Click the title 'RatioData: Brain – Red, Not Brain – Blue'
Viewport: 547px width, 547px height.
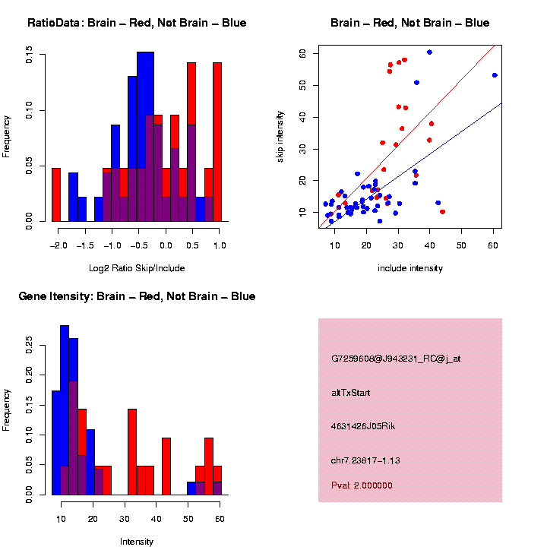pos(137,24)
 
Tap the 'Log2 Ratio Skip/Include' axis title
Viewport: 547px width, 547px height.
pos(138,268)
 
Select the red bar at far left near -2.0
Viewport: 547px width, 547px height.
pos(56,194)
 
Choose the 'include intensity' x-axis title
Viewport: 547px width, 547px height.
pos(410,268)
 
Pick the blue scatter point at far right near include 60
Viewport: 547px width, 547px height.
pos(495,75)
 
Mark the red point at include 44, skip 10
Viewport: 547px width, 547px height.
pos(442,211)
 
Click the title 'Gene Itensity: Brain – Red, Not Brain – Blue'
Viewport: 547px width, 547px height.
pos(138,296)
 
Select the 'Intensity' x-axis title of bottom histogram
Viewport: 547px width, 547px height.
pos(138,542)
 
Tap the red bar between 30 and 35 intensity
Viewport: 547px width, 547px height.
pos(132,452)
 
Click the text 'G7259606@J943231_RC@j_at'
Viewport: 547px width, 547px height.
pos(395,359)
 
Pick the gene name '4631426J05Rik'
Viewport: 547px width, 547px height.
pos(363,426)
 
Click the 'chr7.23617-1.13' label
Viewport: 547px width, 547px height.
pos(366,460)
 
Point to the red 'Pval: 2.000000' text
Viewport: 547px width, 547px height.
pos(362,485)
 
